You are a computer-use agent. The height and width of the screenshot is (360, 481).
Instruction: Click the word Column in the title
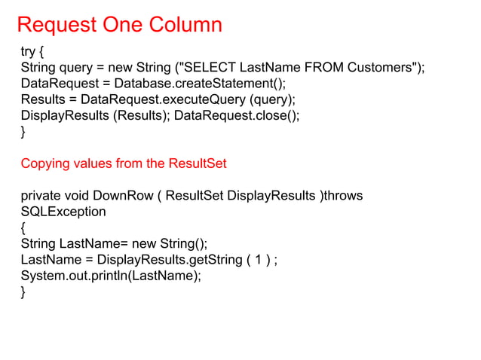[184, 25]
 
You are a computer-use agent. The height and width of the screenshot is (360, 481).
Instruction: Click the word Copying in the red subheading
[45, 163]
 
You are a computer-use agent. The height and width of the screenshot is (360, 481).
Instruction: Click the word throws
[342, 196]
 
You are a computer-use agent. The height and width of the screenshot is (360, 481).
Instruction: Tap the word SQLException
[63, 212]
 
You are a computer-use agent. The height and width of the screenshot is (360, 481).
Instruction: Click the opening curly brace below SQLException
[23, 228]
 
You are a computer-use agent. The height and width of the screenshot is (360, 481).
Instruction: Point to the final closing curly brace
[23, 292]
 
